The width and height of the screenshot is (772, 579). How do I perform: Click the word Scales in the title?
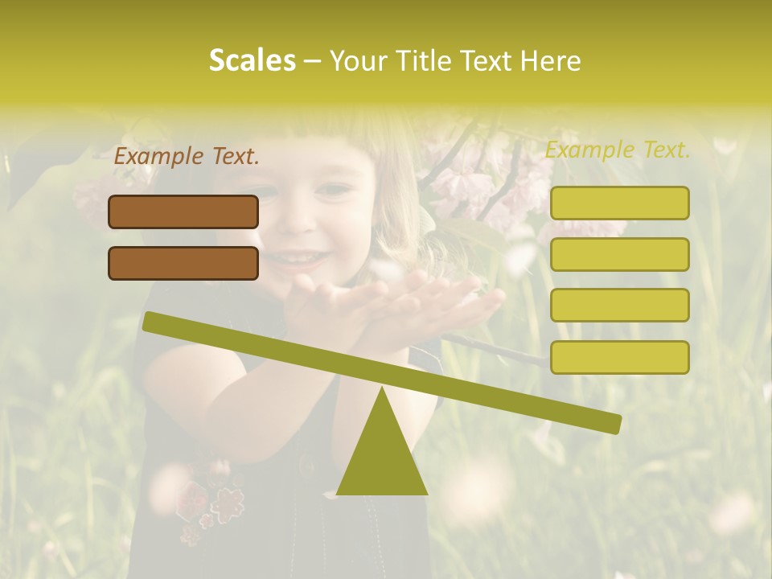click(x=252, y=60)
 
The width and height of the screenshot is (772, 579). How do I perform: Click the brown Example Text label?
click(x=187, y=157)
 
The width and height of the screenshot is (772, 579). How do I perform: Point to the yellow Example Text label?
click(x=618, y=150)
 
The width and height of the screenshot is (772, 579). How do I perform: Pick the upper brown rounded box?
click(x=183, y=211)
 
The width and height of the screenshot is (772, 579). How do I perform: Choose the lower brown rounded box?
click(x=183, y=263)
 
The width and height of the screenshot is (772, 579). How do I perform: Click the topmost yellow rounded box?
click(x=619, y=203)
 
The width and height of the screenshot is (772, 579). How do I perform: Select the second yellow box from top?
click(x=619, y=254)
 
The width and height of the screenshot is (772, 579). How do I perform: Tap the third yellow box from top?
click(x=619, y=305)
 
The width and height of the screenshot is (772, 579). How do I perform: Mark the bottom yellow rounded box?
click(x=619, y=357)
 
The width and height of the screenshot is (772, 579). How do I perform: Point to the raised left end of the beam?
click(x=150, y=321)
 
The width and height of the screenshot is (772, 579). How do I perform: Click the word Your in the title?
click(x=357, y=60)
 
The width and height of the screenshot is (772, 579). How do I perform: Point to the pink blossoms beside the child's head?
click(x=474, y=181)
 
